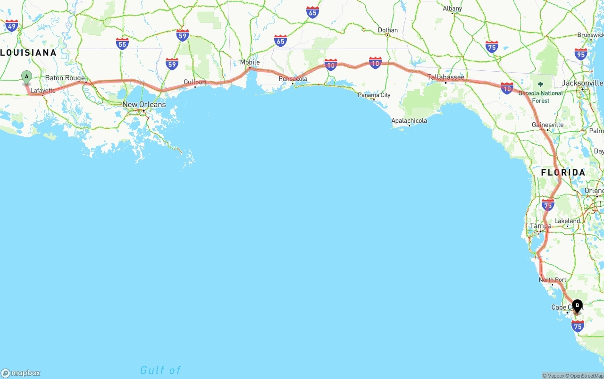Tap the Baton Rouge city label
pyautogui.click(x=65, y=78)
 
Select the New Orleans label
pyautogui.click(x=144, y=104)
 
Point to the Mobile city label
pyautogui.click(x=250, y=62)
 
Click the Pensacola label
pyautogui.click(x=293, y=79)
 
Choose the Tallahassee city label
pyautogui.click(x=446, y=77)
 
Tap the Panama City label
pyautogui.click(x=374, y=95)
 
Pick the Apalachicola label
pyautogui.click(x=409, y=121)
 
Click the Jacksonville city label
pyautogui.click(x=583, y=83)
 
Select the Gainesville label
pyautogui.click(x=547, y=125)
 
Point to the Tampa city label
pyautogui.click(x=540, y=226)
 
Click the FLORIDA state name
pyautogui.click(x=563, y=172)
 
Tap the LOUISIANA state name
pyautogui.click(x=28, y=52)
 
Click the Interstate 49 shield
pyautogui.click(x=12, y=25)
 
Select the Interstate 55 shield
pyautogui.click(x=122, y=44)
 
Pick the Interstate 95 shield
pyautogui.click(x=581, y=54)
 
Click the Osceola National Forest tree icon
pyautogui.click(x=540, y=85)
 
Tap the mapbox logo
pyautogui.click(x=21, y=373)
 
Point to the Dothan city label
pyautogui.click(x=388, y=30)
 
